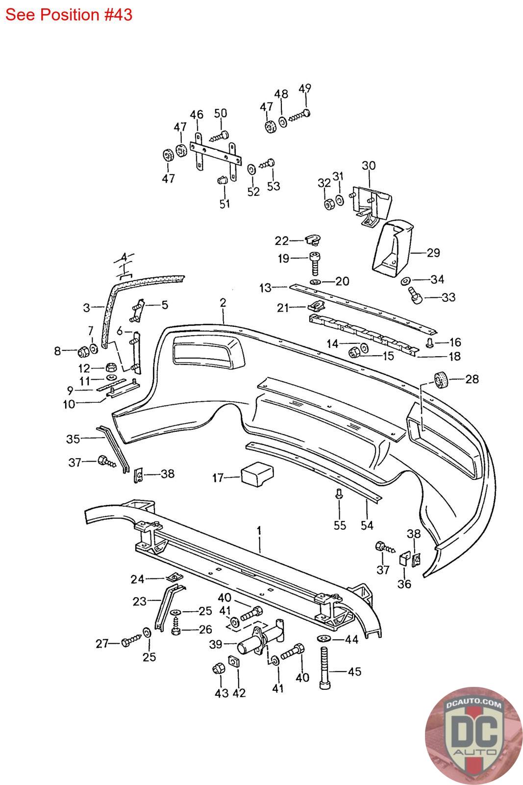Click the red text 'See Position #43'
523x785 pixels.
(x=69, y=15)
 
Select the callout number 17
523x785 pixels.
(x=218, y=478)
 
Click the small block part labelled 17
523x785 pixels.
(x=257, y=474)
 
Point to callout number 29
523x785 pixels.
(x=433, y=253)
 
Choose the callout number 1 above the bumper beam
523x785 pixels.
(x=259, y=530)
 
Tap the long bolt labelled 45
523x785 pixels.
(x=325, y=669)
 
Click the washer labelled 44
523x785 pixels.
(x=325, y=638)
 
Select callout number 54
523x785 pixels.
(x=367, y=525)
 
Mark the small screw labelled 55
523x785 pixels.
(x=339, y=495)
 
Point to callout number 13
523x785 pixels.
(x=265, y=288)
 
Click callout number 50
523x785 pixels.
(x=221, y=113)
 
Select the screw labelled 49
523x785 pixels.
(x=299, y=115)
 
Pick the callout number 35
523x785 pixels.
(x=73, y=439)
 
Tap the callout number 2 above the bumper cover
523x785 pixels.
(x=223, y=303)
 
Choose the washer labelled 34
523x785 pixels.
(x=406, y=281)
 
